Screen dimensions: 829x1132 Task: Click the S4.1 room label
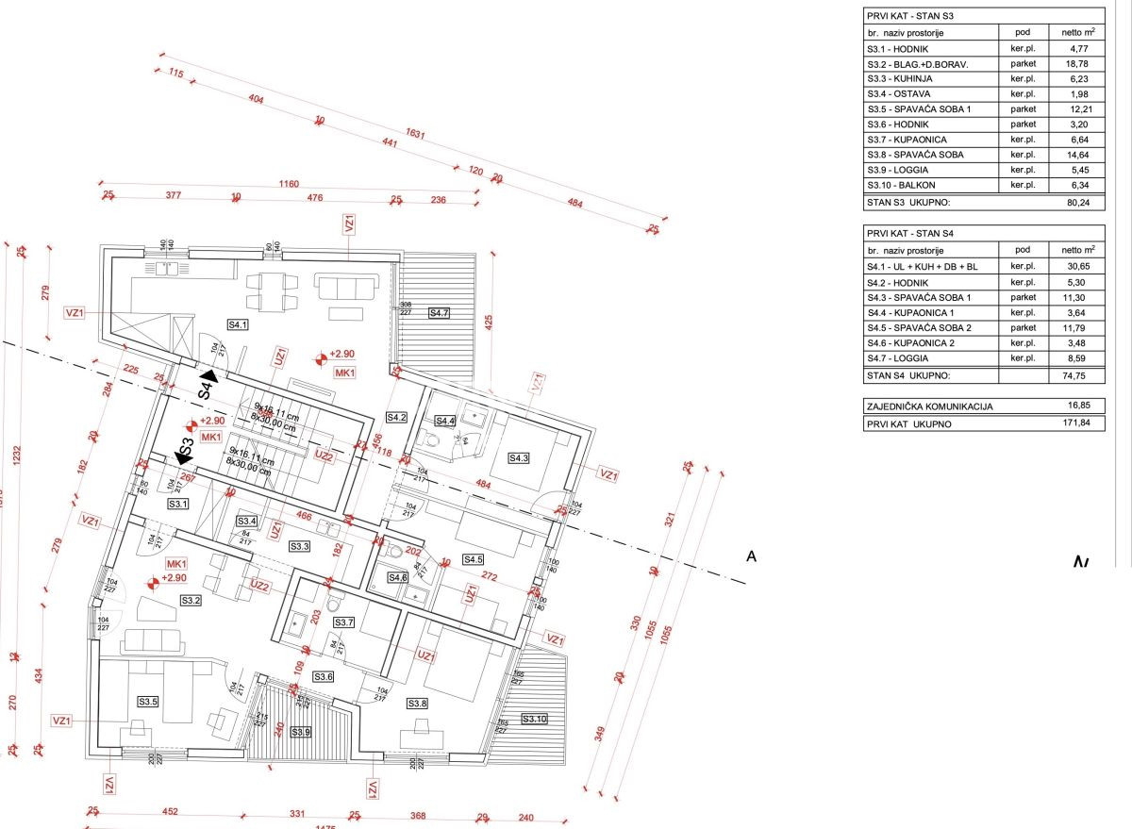(237, 324)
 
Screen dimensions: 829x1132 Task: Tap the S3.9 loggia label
(301, 732)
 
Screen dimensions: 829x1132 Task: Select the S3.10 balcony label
(534, 720)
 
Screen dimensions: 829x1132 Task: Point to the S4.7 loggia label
(440, 312)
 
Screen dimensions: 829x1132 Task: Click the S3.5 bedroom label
(148, 702)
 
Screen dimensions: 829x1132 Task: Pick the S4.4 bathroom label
(445, 421)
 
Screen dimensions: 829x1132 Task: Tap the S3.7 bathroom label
(343, 622)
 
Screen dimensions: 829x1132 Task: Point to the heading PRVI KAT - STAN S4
(907, 232)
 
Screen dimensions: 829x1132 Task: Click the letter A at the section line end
(751, 556)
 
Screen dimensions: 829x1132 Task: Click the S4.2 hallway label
(396, 417)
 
